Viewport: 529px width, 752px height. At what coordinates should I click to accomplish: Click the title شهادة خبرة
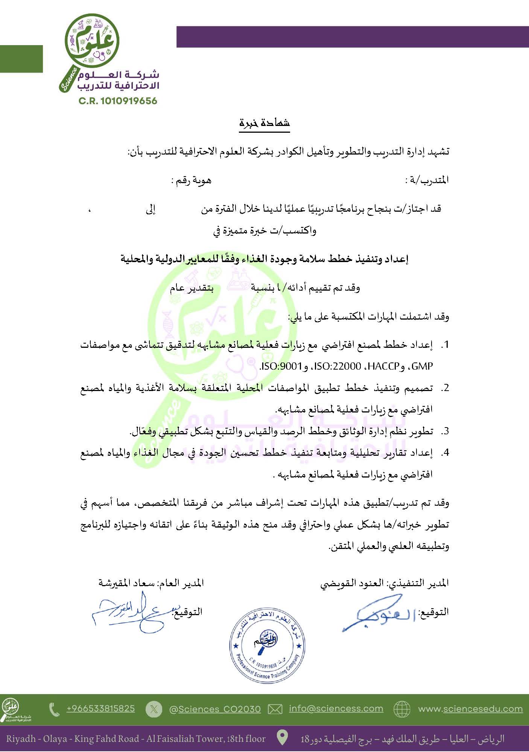point(264,123)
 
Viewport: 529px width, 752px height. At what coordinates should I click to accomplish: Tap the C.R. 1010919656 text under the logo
point(118,101)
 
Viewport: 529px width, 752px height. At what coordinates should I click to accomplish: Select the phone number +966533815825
point(100,708)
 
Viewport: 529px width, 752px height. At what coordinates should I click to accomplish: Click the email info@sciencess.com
point(336,708)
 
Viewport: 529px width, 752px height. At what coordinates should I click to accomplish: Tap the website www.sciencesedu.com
point(470,709)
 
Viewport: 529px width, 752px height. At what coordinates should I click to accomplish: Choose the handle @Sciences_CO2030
point(215,709)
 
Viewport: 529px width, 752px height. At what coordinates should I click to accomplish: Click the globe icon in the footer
point(402,709)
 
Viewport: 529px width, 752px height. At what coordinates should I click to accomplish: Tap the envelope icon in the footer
point(275,709)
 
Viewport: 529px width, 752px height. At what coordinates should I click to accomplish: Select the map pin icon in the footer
point(283,738)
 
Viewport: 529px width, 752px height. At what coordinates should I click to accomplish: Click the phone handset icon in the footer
point(55,709)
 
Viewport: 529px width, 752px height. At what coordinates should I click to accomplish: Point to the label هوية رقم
point(192,180)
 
